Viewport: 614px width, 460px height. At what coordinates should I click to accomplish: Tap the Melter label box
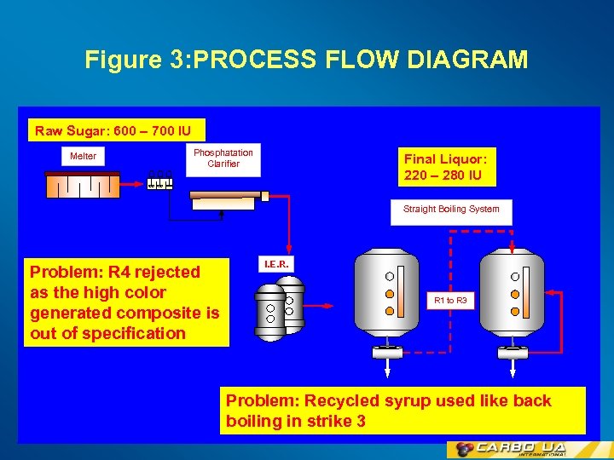click(83, 156)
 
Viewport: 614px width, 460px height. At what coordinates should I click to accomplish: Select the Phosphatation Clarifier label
click(223, 158)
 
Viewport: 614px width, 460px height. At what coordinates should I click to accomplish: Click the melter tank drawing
click(82, 185)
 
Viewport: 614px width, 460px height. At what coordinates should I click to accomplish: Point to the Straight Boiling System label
click(451, 210)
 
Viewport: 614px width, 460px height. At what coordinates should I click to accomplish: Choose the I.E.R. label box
click(276, 265)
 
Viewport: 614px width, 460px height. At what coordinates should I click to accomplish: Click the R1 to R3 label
click(450, 301)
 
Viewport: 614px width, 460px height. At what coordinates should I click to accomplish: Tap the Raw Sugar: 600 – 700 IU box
click(119, 130)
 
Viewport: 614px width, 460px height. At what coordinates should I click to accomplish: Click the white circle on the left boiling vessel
click(389, 276)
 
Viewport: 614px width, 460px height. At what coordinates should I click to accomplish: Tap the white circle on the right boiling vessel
click(515, 276)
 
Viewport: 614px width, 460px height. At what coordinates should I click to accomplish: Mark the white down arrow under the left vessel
click(389, 368)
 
